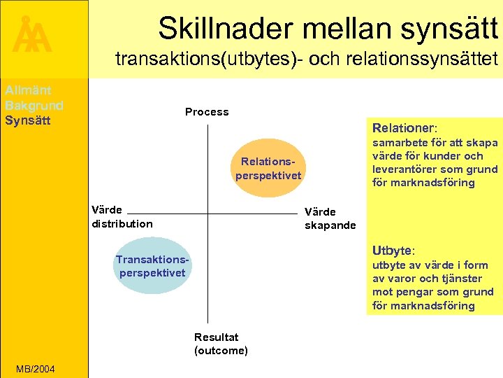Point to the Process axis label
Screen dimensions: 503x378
click(x=207, y=112)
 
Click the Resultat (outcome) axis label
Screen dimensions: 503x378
click(x=221, y=344)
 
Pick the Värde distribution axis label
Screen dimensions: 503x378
click(x=122, y=217)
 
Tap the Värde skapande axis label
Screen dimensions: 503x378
click(x=330, y=218)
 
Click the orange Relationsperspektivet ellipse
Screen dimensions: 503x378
click(x=268, y=169)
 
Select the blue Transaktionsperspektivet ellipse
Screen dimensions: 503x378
click(x=152, y=266)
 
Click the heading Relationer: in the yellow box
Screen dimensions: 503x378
click(x=404, y=128)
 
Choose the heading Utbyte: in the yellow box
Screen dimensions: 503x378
click(x=393, y=251)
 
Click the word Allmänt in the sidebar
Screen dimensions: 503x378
click(x=28, y=90)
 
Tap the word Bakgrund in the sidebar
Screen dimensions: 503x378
click(x=34, y=105)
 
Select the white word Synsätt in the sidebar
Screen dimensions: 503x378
click(x=27, y=120)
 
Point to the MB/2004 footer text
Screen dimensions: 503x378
click(x=36, y=369)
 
